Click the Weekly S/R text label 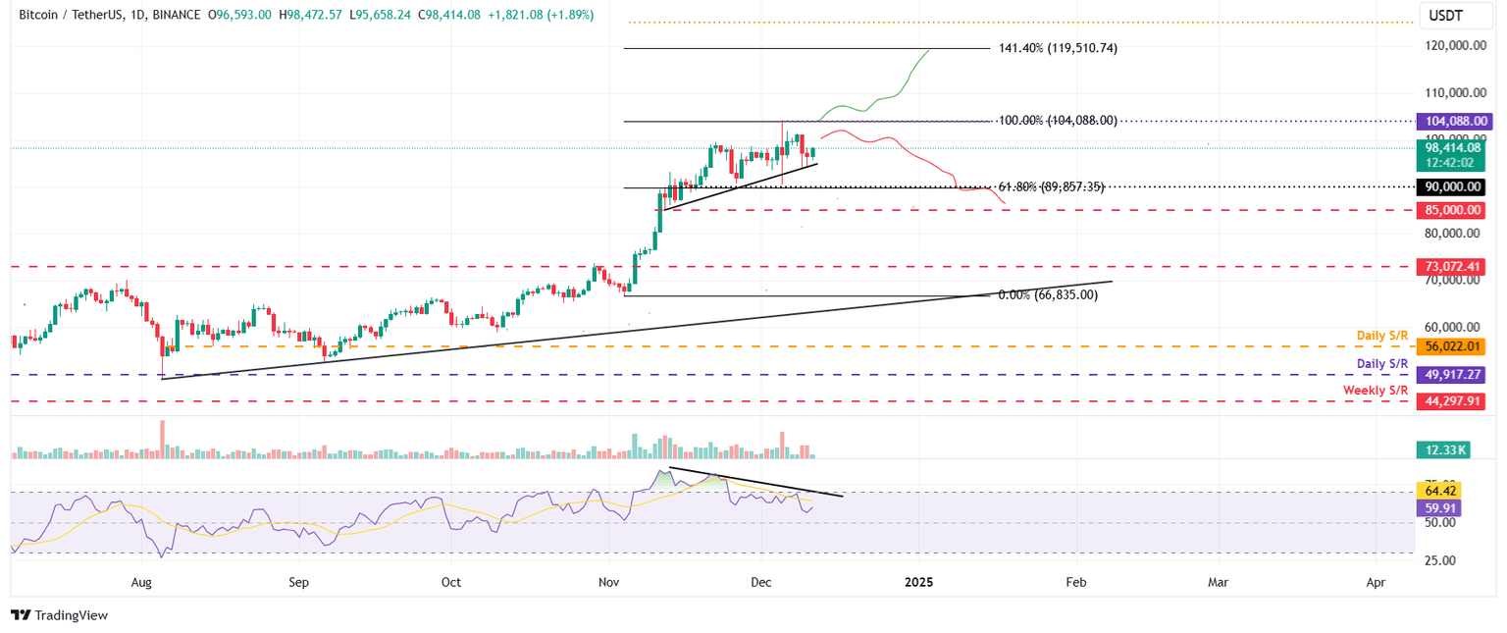(x=1376, y=391)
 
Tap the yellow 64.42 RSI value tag (x=1438, y=491)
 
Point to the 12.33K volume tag (x=1441, y=449)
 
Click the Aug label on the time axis (x=141, y=582)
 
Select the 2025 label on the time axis (x=918, y=582)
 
